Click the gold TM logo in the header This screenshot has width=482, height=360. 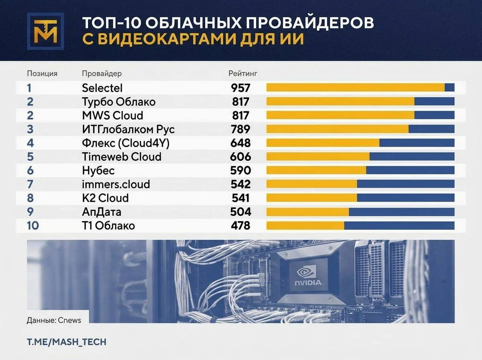pyautogui.click(x=45, y=31)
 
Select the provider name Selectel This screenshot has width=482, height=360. pyautogui.click(x=102, y=88)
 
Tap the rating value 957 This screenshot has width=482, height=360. pyautogui.click(x=241, y=88)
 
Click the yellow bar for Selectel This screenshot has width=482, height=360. pyautogui.click(x=355, y=88)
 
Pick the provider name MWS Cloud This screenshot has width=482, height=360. pyautogui.click(x=112, y=115)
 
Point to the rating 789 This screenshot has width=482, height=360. pyautogui.click(x=241, y=129)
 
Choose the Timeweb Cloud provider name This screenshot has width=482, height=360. pyautogui.click(x=122, y=157)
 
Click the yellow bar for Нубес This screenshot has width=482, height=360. pyautogui.click(x=316, y=170)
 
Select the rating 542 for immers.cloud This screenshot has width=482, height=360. pyautogui.click(x=241, y=184)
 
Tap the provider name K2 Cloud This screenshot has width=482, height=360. pyautogui.click(x=105, y=198)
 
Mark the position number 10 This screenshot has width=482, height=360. pyautogui.click(x=33, y=225)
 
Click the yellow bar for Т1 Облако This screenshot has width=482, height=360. pyautogui.click(x=305, y=225)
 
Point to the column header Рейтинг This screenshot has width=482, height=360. pyautogui.click(x=243, y=74)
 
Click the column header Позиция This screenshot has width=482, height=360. pyautogui.click(x=42, y=74)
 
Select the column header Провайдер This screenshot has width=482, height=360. pyautogui.click(x=102, y=74)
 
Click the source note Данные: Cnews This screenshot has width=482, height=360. pyautogui.click(x=54, y=321)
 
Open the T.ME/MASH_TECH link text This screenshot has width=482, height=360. pyautogui.click(x=67, y=342)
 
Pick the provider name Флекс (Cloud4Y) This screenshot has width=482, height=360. pyautogui.click(x=126, y=143)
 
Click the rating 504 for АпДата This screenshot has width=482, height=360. pyautogui.click(x=241, y=212)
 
